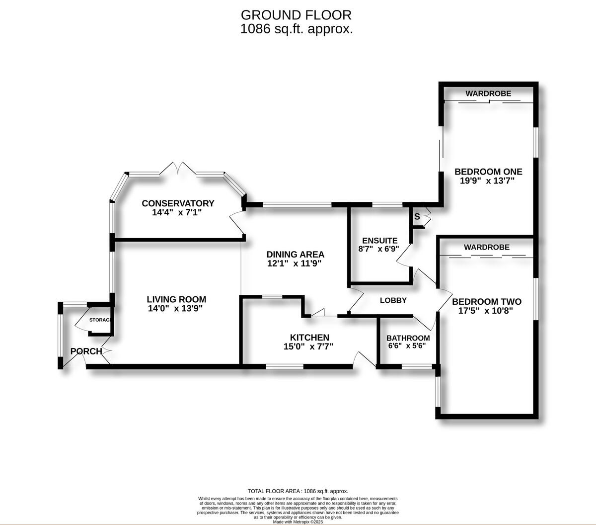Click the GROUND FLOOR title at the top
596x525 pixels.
click(x=297, y=15)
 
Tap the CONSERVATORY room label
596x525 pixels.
click(x=178, y=203)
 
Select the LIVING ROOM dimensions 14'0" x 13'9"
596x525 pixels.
click(x=176, y=308)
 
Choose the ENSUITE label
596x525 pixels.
click(x=379, y=241)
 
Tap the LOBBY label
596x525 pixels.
click(x=393, y=300)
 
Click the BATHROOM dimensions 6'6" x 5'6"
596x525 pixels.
click(x=407, y=346)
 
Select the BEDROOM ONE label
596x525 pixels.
click(x=488, y=172)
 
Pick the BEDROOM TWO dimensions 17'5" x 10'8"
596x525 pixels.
click(x=486, y=311)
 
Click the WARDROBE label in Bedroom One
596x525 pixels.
click(x=488, y=93)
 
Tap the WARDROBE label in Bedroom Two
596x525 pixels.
click(x=486, y=247)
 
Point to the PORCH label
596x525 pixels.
click(x=86, y=351)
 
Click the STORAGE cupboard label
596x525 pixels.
click(x=100, y=320)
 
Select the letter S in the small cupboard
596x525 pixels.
click(x=417, y=217)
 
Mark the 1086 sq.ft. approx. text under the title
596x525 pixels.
click(x=297, y=29)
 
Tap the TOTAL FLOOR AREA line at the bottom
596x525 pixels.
click(x=298, y=491)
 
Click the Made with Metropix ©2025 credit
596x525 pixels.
click(x=298, y=522)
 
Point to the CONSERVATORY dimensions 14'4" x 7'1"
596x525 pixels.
click(x=177, y=212)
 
